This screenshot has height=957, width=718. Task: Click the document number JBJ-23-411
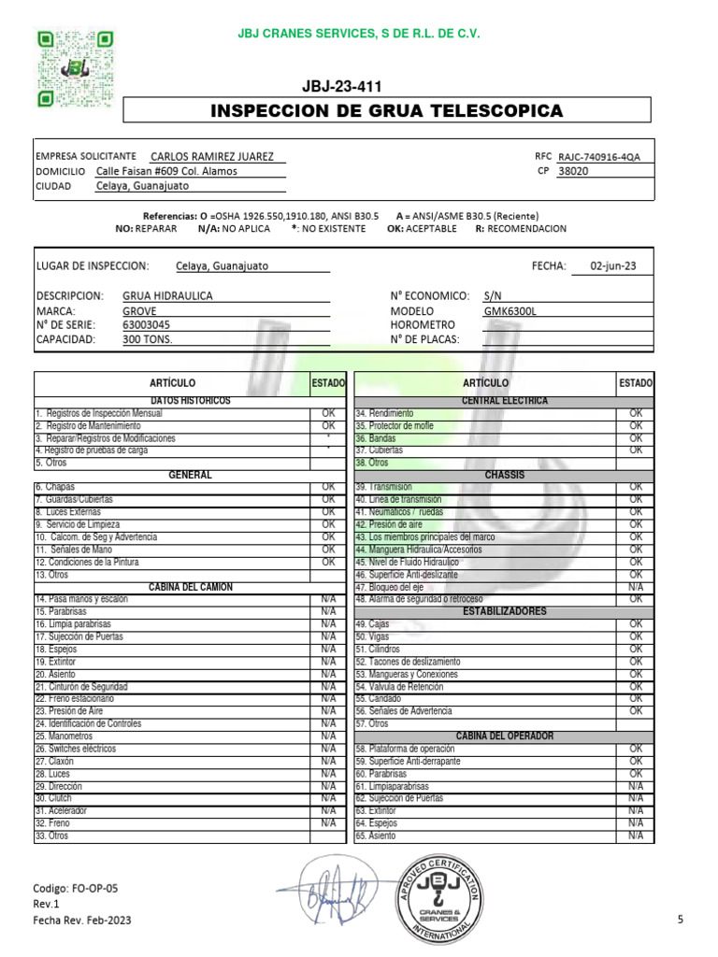342,87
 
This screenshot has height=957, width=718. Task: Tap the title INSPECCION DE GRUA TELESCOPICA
387,111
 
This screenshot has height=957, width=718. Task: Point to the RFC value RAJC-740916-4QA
599,157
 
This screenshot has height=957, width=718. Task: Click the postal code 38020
573,172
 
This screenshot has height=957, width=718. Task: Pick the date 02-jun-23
613,265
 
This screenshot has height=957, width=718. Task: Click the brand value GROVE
140,310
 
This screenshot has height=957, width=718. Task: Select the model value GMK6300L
510,310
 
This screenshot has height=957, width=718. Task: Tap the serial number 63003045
147,324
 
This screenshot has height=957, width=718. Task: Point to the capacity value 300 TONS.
148,339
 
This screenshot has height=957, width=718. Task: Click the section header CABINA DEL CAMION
191,587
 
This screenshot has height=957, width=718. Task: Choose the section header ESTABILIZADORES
504,611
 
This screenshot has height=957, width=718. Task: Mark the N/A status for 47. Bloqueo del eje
636,587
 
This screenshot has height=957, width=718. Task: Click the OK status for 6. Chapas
328,487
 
